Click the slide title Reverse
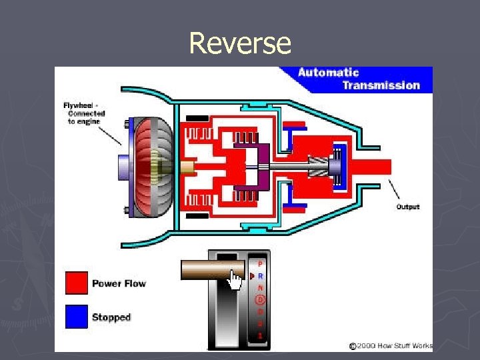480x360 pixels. click(240, 43)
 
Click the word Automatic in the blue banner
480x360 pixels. click(328, 73)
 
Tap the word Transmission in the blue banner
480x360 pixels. click(381, 85)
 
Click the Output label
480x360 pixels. click(408, 207)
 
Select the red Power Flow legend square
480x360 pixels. click(77, 283)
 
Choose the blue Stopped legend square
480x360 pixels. click(77, 317)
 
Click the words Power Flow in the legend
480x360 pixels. click(119, 283)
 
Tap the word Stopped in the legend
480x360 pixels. click(111, 317)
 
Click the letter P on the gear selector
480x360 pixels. click(260, 263)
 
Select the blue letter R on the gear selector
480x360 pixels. click(260, 275)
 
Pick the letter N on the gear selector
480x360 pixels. click(260, 287)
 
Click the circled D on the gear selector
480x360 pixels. click(260, 299)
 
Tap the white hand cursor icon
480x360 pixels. click(235, 279)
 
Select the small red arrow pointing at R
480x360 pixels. click(252, 275)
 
